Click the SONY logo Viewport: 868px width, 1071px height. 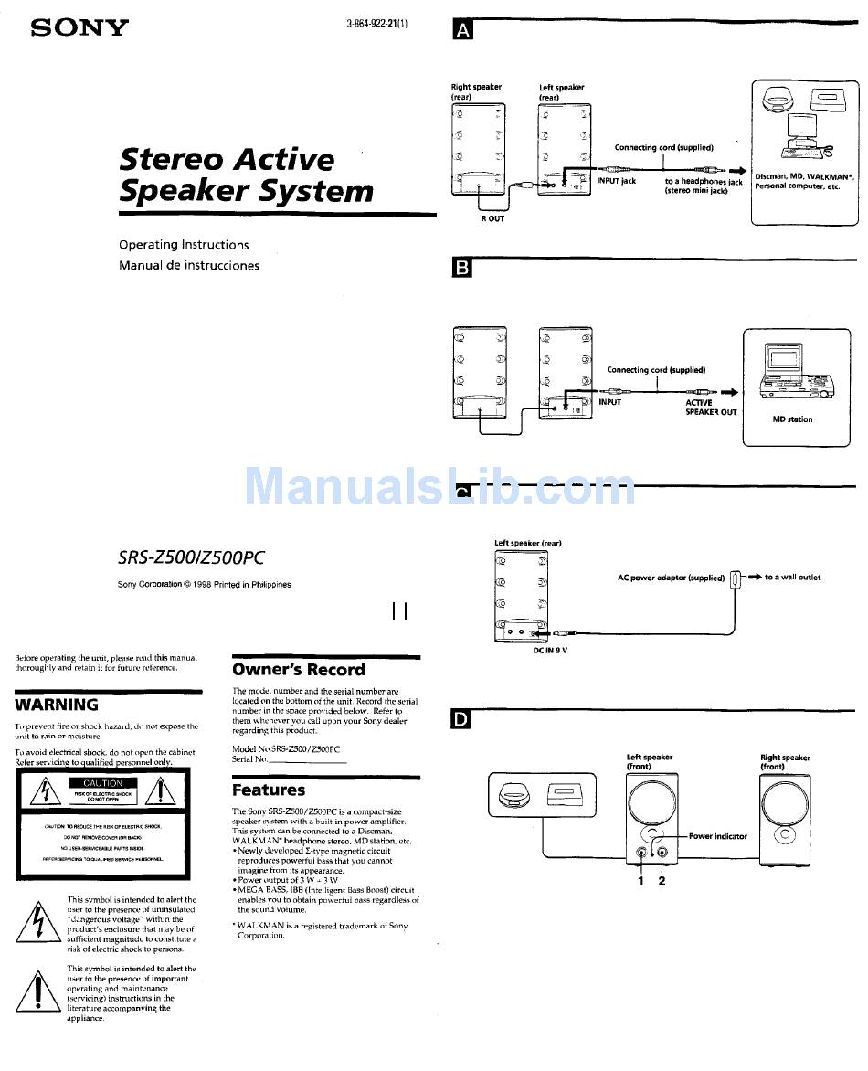80,27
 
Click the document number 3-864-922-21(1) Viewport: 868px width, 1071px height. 377,24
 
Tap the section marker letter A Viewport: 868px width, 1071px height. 462,31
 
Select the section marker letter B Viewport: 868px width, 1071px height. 462,268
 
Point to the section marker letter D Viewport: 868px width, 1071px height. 462,720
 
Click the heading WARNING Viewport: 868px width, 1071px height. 57,705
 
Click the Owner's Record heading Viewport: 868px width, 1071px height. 298,670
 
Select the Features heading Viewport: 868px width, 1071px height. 269,790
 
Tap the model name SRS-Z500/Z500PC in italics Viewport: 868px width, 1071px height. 191,557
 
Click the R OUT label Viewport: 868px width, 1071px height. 492,218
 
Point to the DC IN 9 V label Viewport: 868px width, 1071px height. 551,650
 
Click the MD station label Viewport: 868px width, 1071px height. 792,419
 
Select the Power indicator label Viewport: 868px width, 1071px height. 717,836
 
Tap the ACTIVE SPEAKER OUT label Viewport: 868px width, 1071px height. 711,408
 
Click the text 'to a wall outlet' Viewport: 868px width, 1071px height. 792,578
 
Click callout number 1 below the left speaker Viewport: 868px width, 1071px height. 640,881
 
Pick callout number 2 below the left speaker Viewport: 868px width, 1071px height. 662,881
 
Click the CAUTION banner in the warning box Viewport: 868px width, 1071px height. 102,783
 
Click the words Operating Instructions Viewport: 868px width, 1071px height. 184,245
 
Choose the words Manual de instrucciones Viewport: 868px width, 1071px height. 189,266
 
